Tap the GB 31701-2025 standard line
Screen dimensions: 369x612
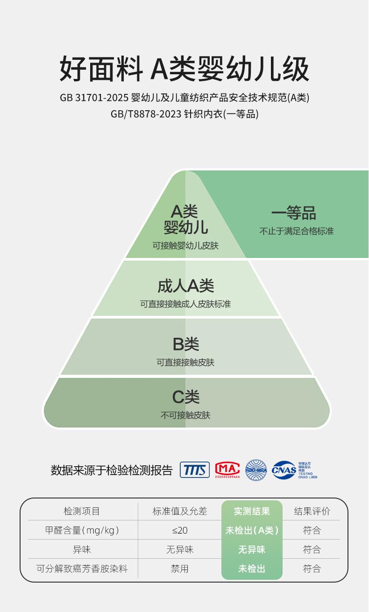[x=184, y=98]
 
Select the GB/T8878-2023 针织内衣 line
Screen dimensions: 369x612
[x=184, y=114]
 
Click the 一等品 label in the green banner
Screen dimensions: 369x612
[x=294, y=213]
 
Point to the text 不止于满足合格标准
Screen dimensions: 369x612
[x=297, y=231]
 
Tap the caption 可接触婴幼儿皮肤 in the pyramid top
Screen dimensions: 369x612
[x=185, y=245]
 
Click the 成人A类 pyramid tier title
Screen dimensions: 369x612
[x=185, y=285]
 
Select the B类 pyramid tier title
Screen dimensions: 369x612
[x=185, y=344]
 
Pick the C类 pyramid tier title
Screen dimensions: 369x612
[x=185, y=397]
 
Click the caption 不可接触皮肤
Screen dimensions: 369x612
[x=185, y=415]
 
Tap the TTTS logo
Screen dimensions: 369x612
[x=195, y=470]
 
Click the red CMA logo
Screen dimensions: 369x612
[x=227, y=470]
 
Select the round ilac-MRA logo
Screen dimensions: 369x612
[x=256, y=470]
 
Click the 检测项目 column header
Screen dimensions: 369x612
[x=82, y=511]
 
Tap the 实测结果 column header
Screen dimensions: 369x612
[x=252, y=511]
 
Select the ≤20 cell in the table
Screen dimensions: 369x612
[x=180, y=530]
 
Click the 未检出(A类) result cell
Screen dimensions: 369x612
[x=252, y=530]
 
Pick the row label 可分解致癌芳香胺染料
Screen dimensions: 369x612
[x=82, y=569]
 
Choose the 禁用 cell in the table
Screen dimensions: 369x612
[x=180, y=569]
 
